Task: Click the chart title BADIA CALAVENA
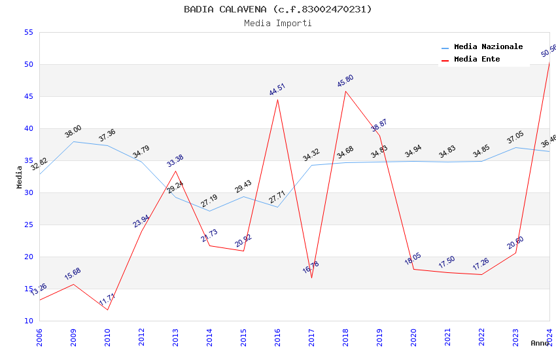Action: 277,9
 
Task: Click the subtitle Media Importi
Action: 277,23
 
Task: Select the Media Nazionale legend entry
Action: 488,47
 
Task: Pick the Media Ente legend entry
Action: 477,60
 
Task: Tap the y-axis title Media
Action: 20,177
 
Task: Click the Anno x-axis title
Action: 540,343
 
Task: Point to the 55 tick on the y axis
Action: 27,33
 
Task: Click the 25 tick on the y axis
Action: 27,225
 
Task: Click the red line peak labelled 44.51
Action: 277,99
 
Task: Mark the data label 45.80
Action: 345,81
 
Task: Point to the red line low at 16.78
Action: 311,278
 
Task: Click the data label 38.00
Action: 73,132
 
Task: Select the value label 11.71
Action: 107,300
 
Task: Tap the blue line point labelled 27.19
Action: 209,211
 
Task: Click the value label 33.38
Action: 175,161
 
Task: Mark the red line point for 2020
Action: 413,269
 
